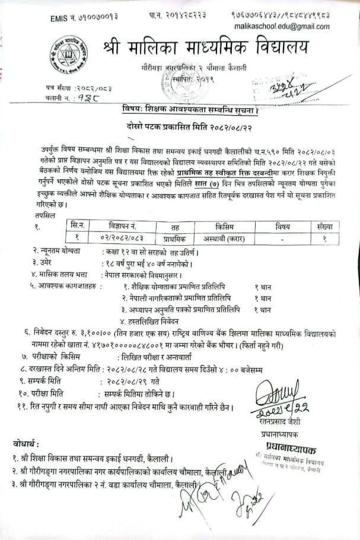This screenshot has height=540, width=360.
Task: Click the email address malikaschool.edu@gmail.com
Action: point(289,27)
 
